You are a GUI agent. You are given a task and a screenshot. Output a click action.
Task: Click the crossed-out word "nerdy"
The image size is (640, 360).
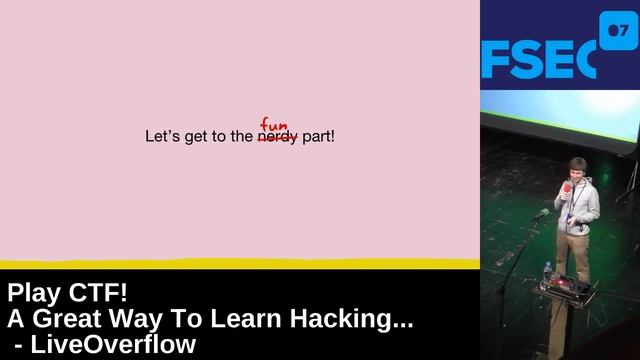click(x=277, y=137)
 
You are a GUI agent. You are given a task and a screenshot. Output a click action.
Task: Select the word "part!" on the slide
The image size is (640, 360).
click(x=318, y=137)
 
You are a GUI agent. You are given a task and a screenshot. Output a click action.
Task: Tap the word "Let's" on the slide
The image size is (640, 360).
click(x=163, y=137)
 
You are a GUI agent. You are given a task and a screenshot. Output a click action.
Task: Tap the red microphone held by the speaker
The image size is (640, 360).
click(x=567, y=187)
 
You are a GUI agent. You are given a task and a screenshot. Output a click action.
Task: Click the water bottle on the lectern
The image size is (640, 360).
click(x=547, y=272)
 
